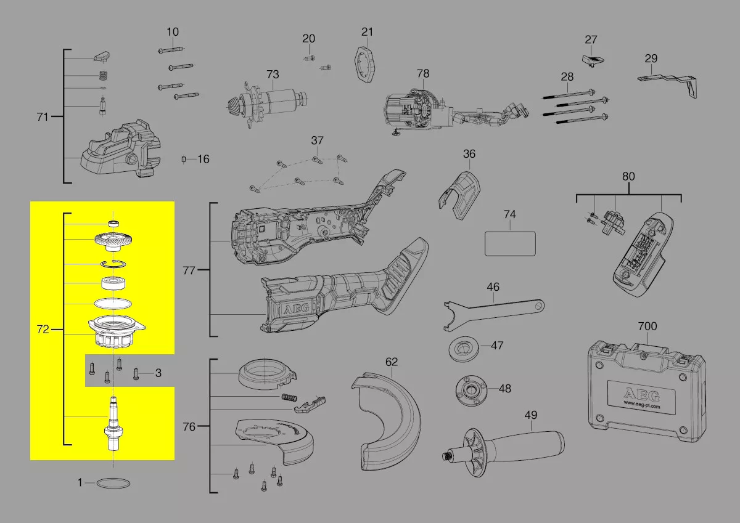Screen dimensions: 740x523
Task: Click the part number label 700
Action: [x=647, y=326]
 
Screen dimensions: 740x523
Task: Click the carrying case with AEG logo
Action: [x=646, y=391]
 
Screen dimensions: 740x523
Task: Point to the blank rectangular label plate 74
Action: [x=510, y=243]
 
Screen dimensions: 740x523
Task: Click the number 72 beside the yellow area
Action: [x=43, y=330]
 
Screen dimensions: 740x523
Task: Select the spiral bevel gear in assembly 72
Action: [x=113, y=242]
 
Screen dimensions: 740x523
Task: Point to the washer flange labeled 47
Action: [x=464, y=349]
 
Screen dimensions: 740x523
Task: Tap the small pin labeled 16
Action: [x=184, y=160]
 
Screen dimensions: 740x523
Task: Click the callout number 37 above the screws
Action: [x=317, y=140]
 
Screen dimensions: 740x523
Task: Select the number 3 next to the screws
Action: [x=158, y=373]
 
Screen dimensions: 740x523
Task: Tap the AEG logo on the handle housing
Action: [x=296, y=309]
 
